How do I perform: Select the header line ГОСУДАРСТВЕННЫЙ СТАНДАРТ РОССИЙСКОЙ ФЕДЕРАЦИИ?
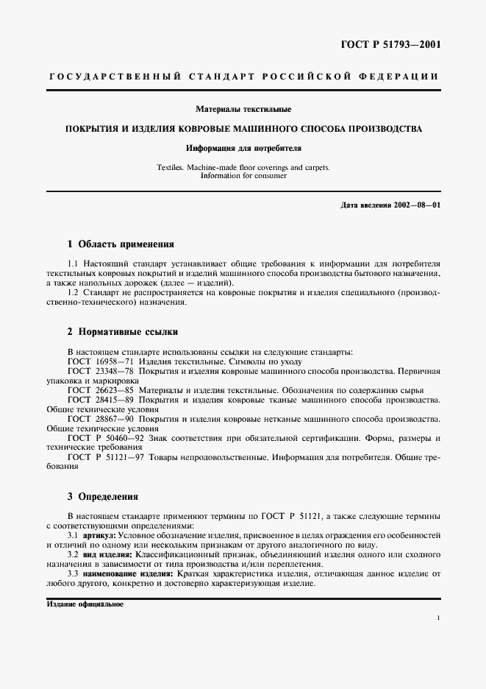click(243, 77)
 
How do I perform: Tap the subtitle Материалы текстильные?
click(243, 110)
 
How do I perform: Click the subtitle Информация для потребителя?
click(243, 147)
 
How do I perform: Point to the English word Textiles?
click(171, 167)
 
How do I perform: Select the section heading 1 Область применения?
click(121, 244)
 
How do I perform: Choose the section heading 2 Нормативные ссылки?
click(122, 331)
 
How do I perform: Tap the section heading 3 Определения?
click(102, 496)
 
